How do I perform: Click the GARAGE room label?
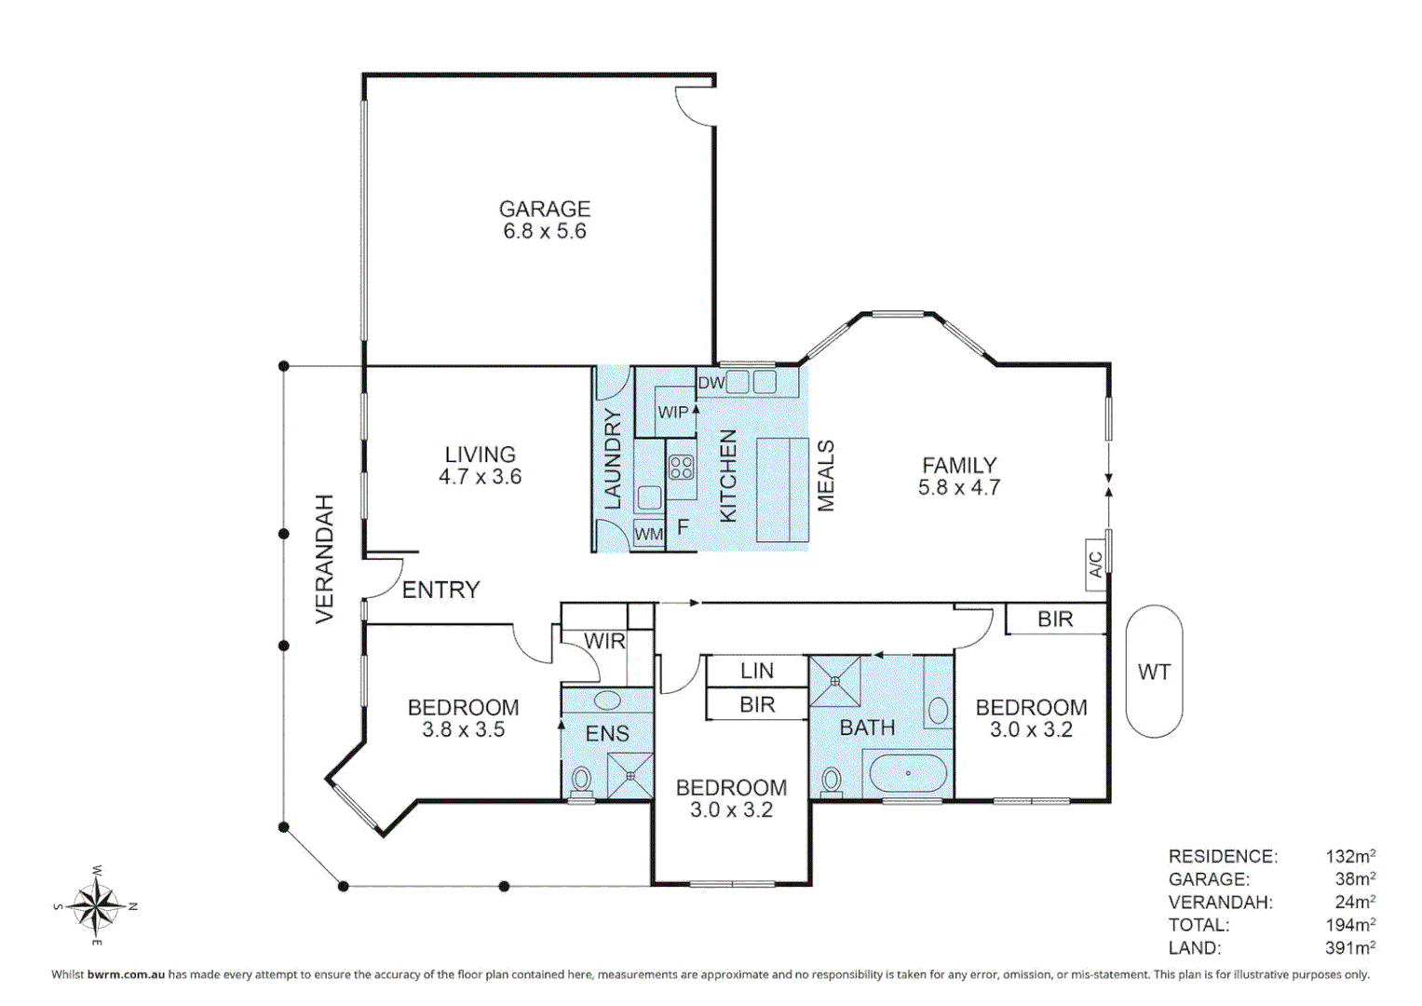[x=545, y=209]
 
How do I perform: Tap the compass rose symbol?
[x=96, y=904]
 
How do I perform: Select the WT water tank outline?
[x=1154, y=672]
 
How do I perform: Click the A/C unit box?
[x=1096, y=564]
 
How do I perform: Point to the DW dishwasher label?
[x=711, y=383]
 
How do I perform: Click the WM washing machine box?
[x=648, y=534]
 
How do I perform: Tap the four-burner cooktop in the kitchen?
[x=682, y=467]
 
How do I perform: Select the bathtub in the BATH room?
[x=907, y=773]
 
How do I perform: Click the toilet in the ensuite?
[x=582, y=780]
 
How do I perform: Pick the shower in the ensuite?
[x=630, y=775]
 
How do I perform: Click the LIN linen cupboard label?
[x=756, y=671]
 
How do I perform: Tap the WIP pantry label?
[x=672, y=412]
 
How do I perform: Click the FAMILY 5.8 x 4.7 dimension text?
[x=958, y=487]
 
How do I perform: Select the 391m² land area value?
[x=1349, y=947]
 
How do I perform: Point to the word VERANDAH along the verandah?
[x=324, y=559]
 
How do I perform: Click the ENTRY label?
[x=440, y=590]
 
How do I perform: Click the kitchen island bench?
[x=781, y=489]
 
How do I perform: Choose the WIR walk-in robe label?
[x=604, y=641]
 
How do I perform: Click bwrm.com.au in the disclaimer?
[x=126, y=974]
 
